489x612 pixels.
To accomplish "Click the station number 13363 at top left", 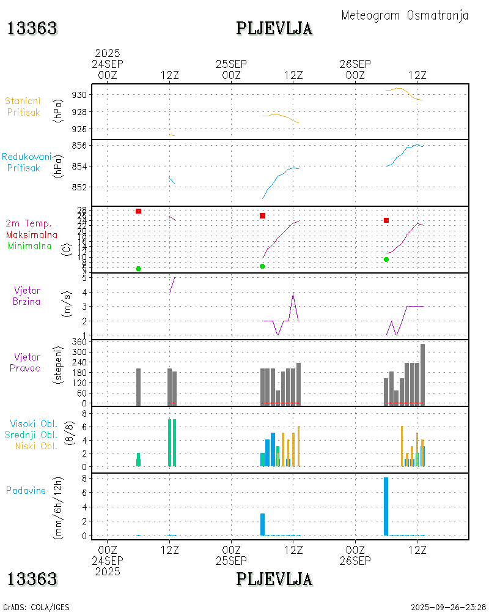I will tap(32, 28).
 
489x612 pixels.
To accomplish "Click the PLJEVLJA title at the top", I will tap(274, 28).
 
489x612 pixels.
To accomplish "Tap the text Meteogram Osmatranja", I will tap(405, 15).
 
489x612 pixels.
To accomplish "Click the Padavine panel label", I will tap(26, 490).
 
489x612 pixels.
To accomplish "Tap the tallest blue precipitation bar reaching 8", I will tap(386, 506).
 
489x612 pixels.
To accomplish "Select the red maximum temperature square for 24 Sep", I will tap(139, 211).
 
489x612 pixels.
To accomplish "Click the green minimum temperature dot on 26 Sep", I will tap(386, 259).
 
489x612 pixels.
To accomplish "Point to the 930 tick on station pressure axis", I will tap(81, 95).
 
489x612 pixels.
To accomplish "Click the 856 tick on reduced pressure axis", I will tap(81, 146).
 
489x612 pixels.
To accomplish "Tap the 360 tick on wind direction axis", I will tap(79, 341).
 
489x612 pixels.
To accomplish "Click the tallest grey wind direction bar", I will tap(422, 374).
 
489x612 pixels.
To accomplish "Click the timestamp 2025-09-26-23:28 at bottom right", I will tap(448, 607).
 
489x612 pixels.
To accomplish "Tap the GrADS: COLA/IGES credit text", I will tap(36, 607).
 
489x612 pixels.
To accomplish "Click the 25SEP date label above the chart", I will tap(231, 64).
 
